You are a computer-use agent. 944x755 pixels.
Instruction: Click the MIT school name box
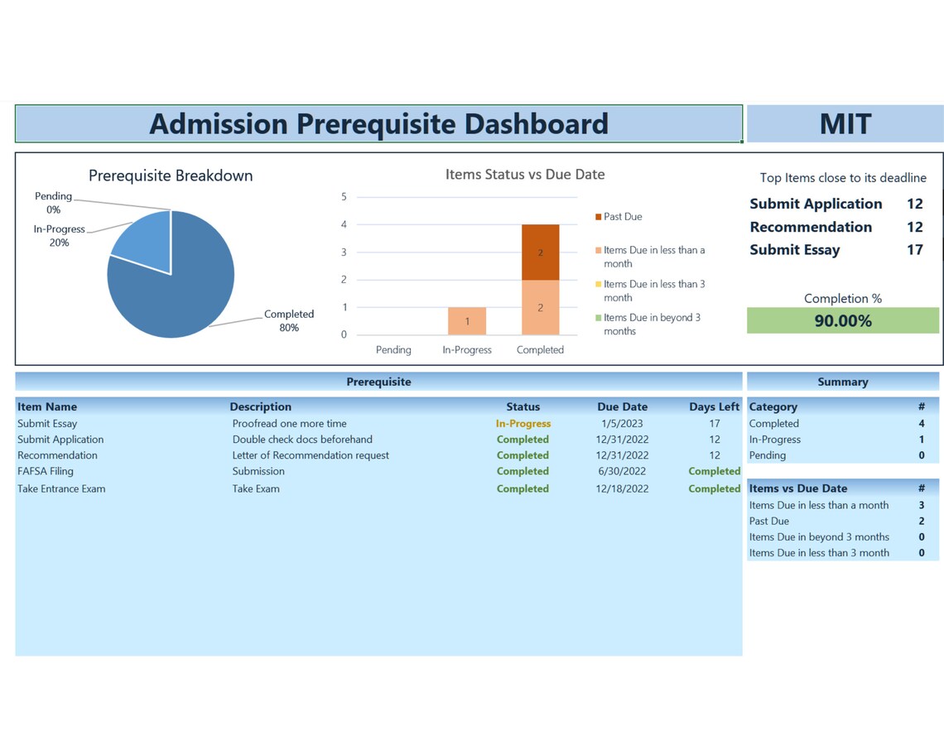click(845, 124)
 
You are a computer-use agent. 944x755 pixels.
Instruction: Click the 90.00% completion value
click(842, 321)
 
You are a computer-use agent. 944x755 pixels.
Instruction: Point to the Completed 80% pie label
click(288, 321)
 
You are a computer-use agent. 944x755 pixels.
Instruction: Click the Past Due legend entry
click(622, 217)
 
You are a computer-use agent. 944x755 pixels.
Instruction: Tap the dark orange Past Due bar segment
click(540, 252)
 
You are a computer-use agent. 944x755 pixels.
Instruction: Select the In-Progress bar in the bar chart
click(467, 321)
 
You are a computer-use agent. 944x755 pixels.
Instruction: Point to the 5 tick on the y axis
click(344, 197)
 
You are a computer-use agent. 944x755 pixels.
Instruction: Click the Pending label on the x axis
click(393, 350)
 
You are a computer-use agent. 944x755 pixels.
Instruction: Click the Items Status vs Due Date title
click(525, 175)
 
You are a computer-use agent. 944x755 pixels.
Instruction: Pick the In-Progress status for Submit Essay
click(523, 424)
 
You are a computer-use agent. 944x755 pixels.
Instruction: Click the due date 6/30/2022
click(622, 471)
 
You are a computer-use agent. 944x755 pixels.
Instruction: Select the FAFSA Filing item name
click(46, 471)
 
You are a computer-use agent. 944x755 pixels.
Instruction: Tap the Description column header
click(260, 407)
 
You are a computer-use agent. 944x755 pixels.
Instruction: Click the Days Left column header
click(714, 407)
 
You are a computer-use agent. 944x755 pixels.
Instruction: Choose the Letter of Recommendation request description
click(311, 455)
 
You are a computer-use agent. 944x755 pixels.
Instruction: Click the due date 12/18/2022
click(622, 488)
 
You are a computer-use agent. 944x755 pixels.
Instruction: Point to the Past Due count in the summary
click(921, 522)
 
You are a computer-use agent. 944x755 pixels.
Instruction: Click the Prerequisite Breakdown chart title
click(171, 176)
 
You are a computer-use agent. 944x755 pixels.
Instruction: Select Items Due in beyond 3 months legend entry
click(651, 325)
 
